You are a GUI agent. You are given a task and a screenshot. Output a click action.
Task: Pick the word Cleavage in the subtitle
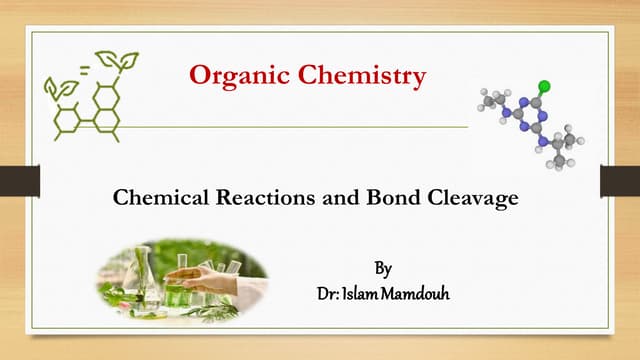pyautogui.click(x=475, y=198)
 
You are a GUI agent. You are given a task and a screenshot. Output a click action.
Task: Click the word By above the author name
pyautogui.click(x=384, y=269)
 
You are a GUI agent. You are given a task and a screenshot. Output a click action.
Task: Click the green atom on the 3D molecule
pyautogui.click(x=544, y=85)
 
